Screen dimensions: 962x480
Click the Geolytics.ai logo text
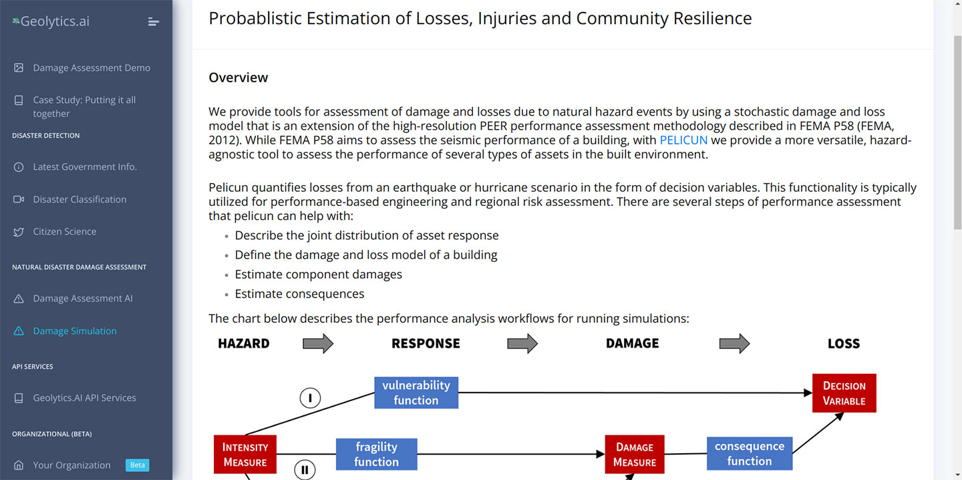click(x=55, y=21)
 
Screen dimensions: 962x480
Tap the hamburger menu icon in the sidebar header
click(x=154, y=21)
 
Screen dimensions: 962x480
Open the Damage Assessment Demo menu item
click(x=92, y=68)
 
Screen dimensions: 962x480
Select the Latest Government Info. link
click(x=85, y=166)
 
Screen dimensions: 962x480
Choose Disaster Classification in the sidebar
click(x=79, y=199)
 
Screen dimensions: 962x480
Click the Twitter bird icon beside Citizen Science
click(x=19, y=232)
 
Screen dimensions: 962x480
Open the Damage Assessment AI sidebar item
click(x=82, y=298)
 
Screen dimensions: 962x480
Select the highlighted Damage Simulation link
click(x=75, y=331)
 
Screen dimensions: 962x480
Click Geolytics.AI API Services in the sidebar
click(x=84, y=398)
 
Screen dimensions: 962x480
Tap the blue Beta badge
click(x=138, y=465)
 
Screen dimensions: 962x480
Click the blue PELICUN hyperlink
click(x=683, y=140)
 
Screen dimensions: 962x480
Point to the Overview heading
click(x=238, y=78)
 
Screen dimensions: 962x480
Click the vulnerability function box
click(x=416, y=393)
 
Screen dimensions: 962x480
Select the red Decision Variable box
click(x=844, y=393)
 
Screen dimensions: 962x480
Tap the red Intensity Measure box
click(x=245, y=454)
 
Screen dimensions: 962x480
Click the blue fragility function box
click(x=377, y=454)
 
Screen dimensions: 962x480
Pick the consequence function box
click(x=750, y=453)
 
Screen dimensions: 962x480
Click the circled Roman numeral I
click(x=310, y=398)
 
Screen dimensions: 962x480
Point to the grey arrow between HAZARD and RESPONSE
click(x=318, y=344)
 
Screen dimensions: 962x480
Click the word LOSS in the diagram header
click(x=844, y=344)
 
